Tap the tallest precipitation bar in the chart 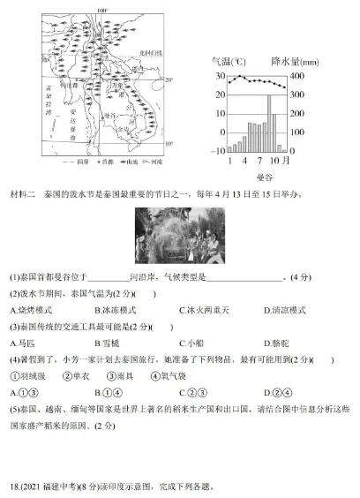click(x=268, y=123)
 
